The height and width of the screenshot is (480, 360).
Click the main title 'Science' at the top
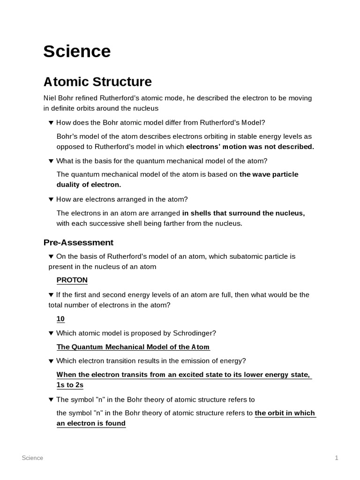pos(77,51)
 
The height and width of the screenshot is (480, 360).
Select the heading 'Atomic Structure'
pos(97,82)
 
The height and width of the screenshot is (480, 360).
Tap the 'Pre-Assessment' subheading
pos(78,242)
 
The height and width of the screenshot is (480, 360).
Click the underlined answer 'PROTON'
pos(72,280)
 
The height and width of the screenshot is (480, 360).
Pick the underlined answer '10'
pos(60,319)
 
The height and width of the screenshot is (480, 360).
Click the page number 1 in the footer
pos(337,458)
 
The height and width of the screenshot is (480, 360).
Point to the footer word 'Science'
pos(32,458)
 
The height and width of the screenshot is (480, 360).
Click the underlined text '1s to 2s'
pos(70,385)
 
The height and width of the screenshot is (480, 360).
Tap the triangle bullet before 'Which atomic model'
pos(51,333)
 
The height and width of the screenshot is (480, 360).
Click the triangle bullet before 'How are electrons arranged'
pos(51,199)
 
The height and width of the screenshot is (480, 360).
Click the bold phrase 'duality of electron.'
pos(89,185)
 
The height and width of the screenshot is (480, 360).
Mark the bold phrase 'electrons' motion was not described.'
pos(250,147)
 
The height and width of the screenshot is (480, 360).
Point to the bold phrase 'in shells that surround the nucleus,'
pos(243,213)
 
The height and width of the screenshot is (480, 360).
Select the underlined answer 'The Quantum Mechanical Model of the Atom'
pos(133,347)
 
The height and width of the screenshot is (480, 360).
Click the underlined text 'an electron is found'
pos(91,423)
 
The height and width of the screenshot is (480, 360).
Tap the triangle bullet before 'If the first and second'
pos(51,295)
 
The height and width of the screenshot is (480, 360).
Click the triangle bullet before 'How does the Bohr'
pos(51,123)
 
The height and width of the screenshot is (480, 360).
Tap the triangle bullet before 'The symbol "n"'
pos(51,400)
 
